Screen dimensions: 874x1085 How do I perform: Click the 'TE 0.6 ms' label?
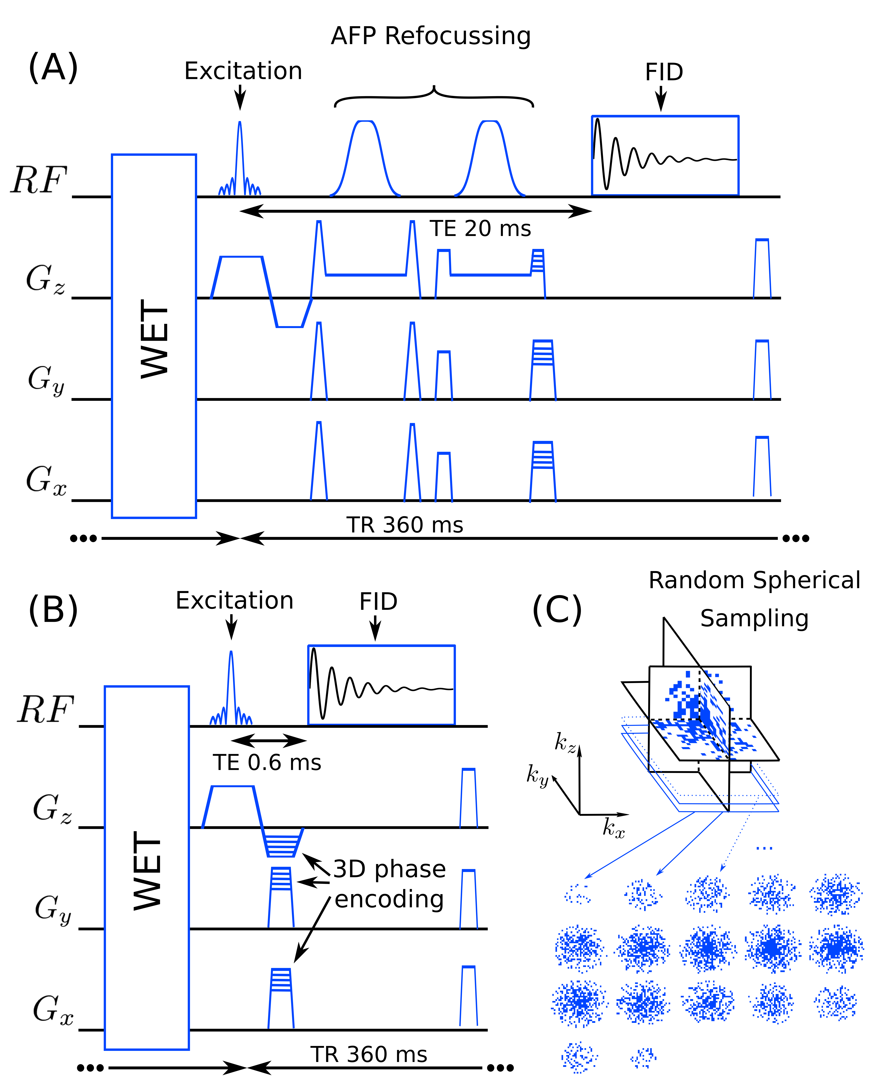[x=267, y=763]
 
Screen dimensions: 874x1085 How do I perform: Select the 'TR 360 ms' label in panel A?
[x=405, y=525]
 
